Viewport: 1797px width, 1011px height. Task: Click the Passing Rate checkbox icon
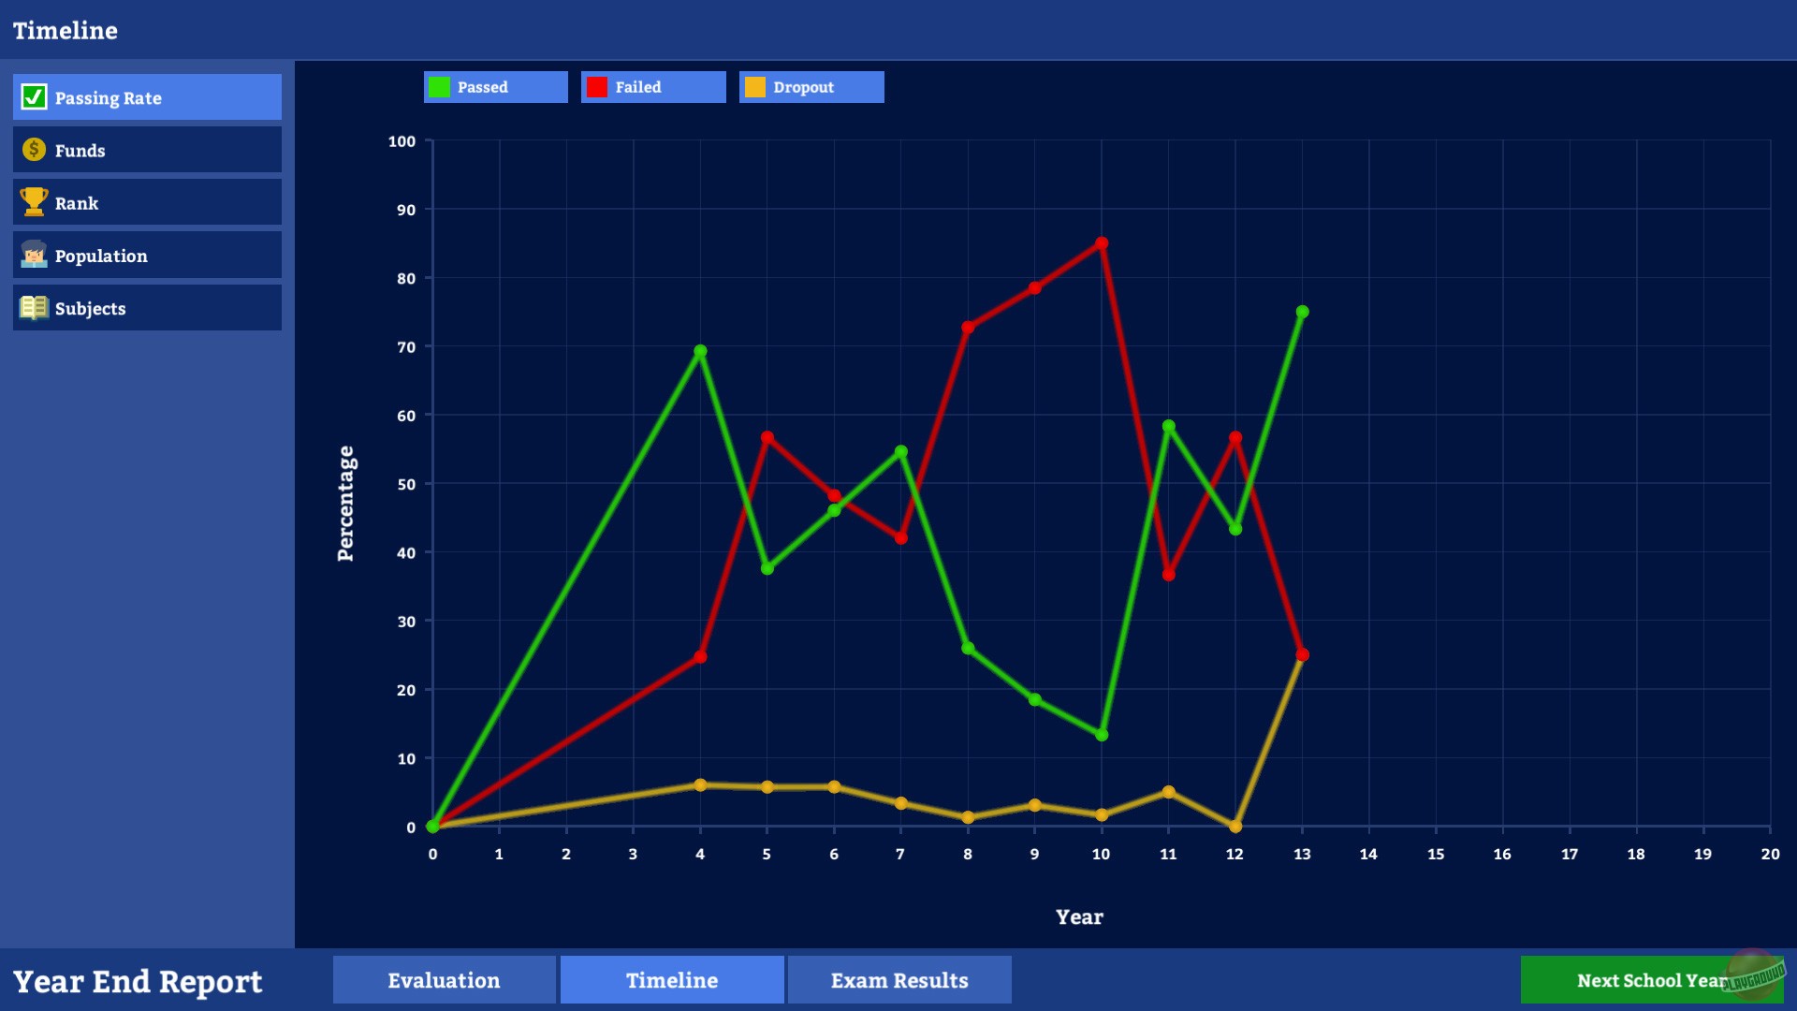[34, 97]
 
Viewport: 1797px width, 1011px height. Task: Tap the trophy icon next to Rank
[34, 202]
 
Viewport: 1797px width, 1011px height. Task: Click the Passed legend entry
[495, 87]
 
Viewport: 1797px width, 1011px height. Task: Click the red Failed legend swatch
[597, 87]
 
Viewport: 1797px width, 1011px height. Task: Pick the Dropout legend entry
[811, 87]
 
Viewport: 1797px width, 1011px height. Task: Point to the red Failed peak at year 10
[1102, 243]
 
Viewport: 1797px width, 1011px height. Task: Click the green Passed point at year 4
[700, 351]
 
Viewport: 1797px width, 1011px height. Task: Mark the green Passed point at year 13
[1302, 312]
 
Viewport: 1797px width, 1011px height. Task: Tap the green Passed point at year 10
[1102, 735]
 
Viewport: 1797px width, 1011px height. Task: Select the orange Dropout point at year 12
[1235, 826]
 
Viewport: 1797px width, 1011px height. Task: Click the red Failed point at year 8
[968, 328]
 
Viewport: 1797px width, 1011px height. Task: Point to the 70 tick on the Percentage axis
[406, 347]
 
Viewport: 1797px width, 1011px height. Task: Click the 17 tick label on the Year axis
[1570, 854]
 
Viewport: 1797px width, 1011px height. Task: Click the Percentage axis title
[345, 503]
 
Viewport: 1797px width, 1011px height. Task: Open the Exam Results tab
[898, 980]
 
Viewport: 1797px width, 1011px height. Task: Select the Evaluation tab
[444, 980]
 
